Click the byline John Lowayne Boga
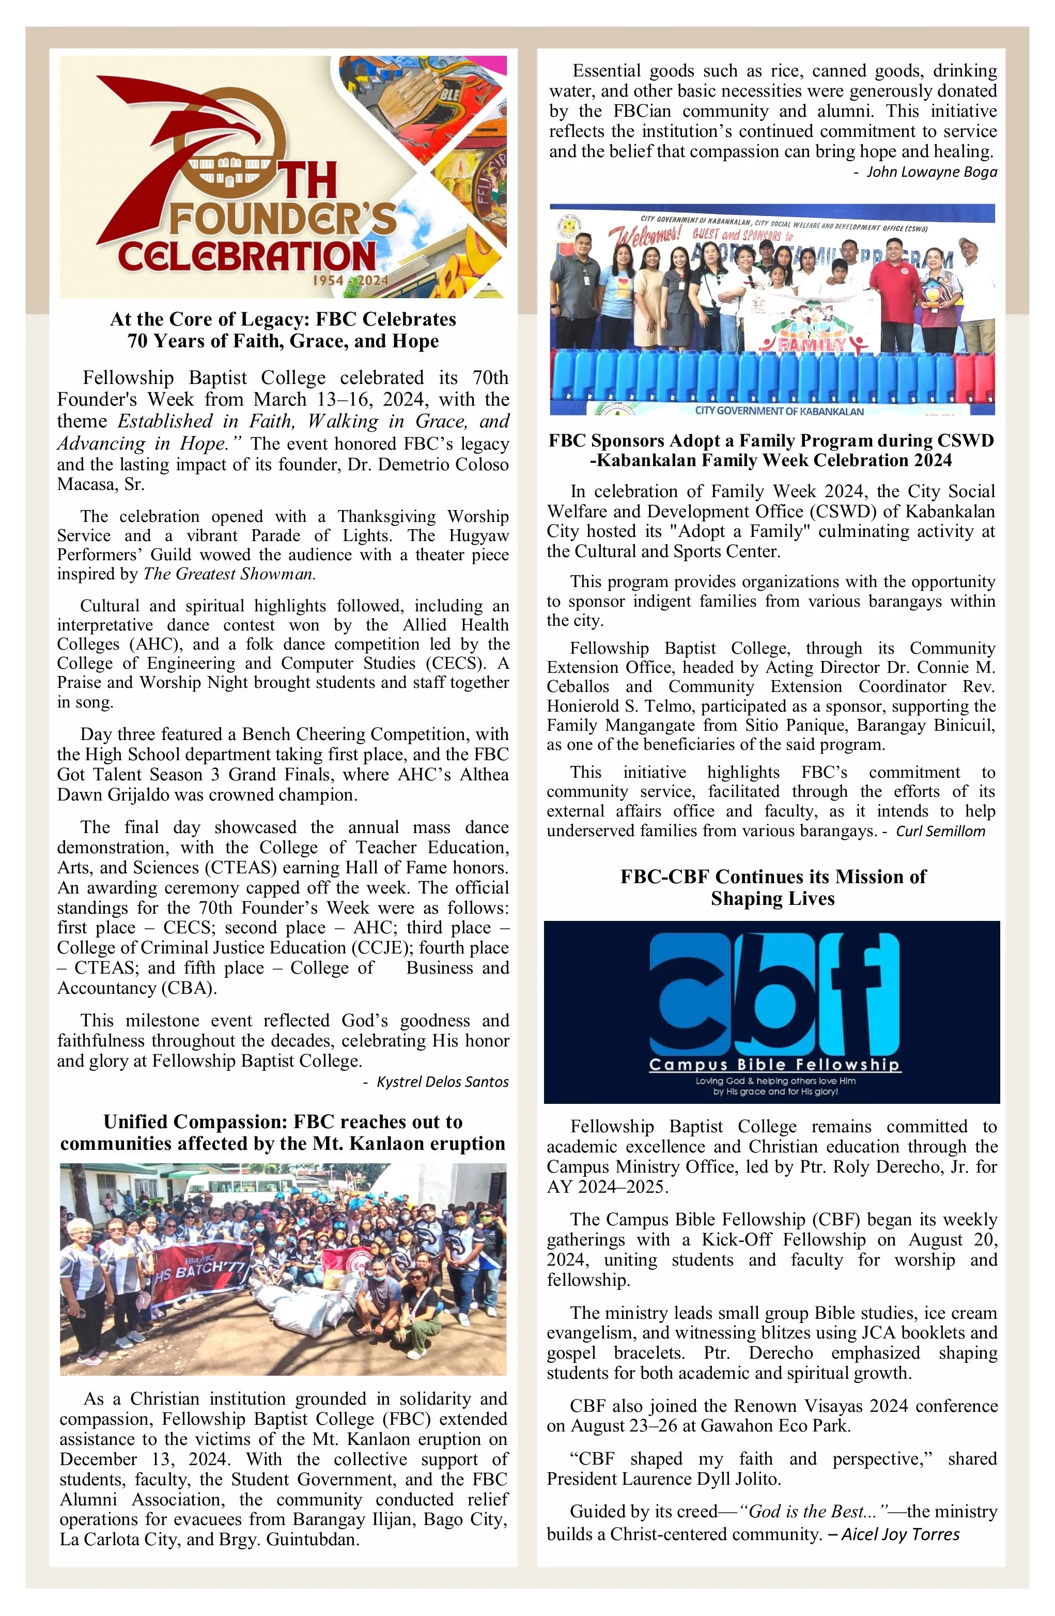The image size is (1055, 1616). click(931, 172)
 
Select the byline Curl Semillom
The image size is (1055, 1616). click(940, 831)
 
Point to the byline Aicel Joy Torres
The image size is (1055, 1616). click(899, 1534)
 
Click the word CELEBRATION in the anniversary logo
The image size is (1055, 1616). click(247, 256)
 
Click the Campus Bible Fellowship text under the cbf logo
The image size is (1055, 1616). click(774, 1064)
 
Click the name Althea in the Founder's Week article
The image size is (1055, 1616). click(484, 774)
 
